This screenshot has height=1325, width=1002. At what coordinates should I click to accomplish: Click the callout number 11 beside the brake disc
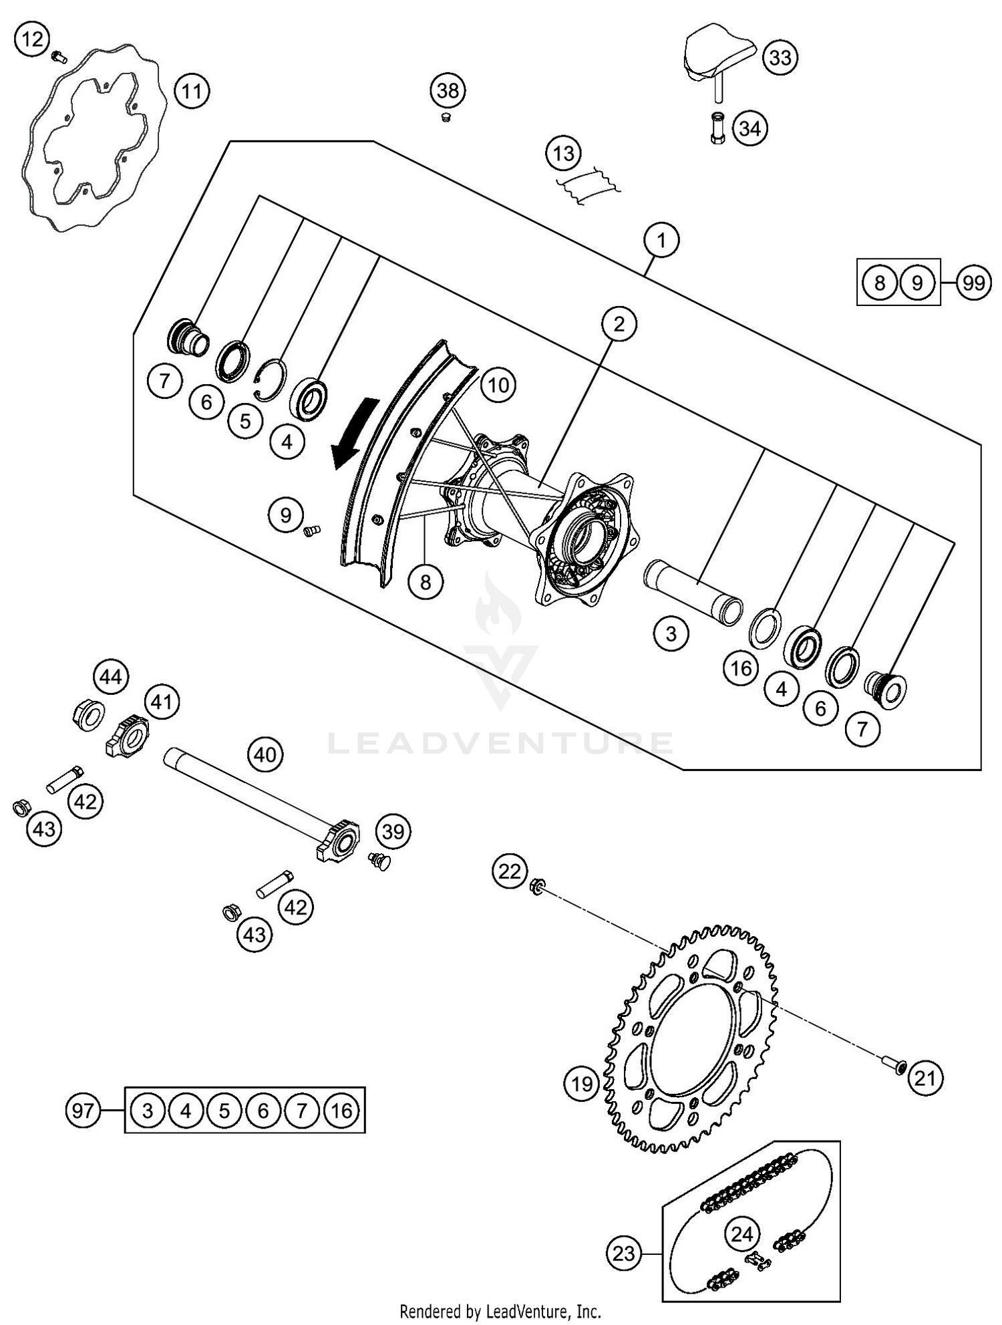pyautogui.click(x=192, y=91)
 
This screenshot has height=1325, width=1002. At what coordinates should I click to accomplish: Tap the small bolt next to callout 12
pyautogui.click(x=59, y=57)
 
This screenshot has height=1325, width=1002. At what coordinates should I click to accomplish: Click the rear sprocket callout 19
pyautogui.click(x=581, y=1082)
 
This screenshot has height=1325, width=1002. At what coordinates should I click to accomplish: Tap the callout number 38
pyautogui.click(x=448, y=90)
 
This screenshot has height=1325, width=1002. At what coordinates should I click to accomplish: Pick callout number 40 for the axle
pyautogui.click(x=265, y=755)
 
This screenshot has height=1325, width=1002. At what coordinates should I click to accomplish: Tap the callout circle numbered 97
pyautogui.click(x=83, y=1111)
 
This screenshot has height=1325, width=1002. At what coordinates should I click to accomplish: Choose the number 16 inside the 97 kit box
pyautogui.click(x=341, y=1111)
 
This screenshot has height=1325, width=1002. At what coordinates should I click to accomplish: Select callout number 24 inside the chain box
pyautogui.click(x=741, y=1234)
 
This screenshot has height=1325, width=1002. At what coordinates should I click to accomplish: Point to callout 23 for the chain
pyautogui.click(x=623, y=1253)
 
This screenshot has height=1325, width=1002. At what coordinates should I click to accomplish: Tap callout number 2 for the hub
pyautogui.click(x=619, y=324)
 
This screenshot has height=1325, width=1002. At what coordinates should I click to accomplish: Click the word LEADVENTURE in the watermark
pyautogui.click(x=501, y=743)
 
